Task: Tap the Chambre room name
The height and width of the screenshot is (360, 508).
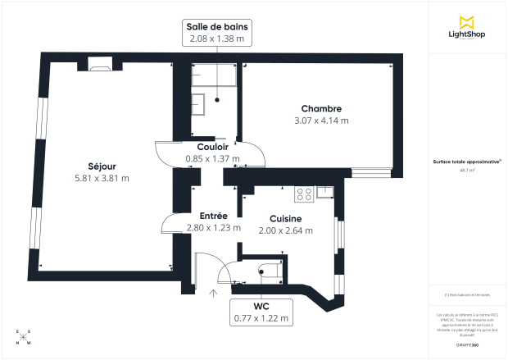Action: (320, 109)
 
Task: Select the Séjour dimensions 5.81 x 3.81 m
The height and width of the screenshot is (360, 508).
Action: (102, 177)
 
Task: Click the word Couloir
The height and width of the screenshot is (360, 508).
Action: (212, 147)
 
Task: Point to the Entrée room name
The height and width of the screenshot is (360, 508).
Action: (213, 216)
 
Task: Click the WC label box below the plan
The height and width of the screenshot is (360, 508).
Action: (261, 311)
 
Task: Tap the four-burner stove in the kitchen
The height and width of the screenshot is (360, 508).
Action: (303, 194)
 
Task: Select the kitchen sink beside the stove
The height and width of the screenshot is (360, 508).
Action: (325, 193)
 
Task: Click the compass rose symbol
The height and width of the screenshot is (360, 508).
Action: (24, 337)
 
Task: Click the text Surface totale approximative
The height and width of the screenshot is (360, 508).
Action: (466, 162)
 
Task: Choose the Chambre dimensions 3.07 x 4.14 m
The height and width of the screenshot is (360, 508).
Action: (320, 121)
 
